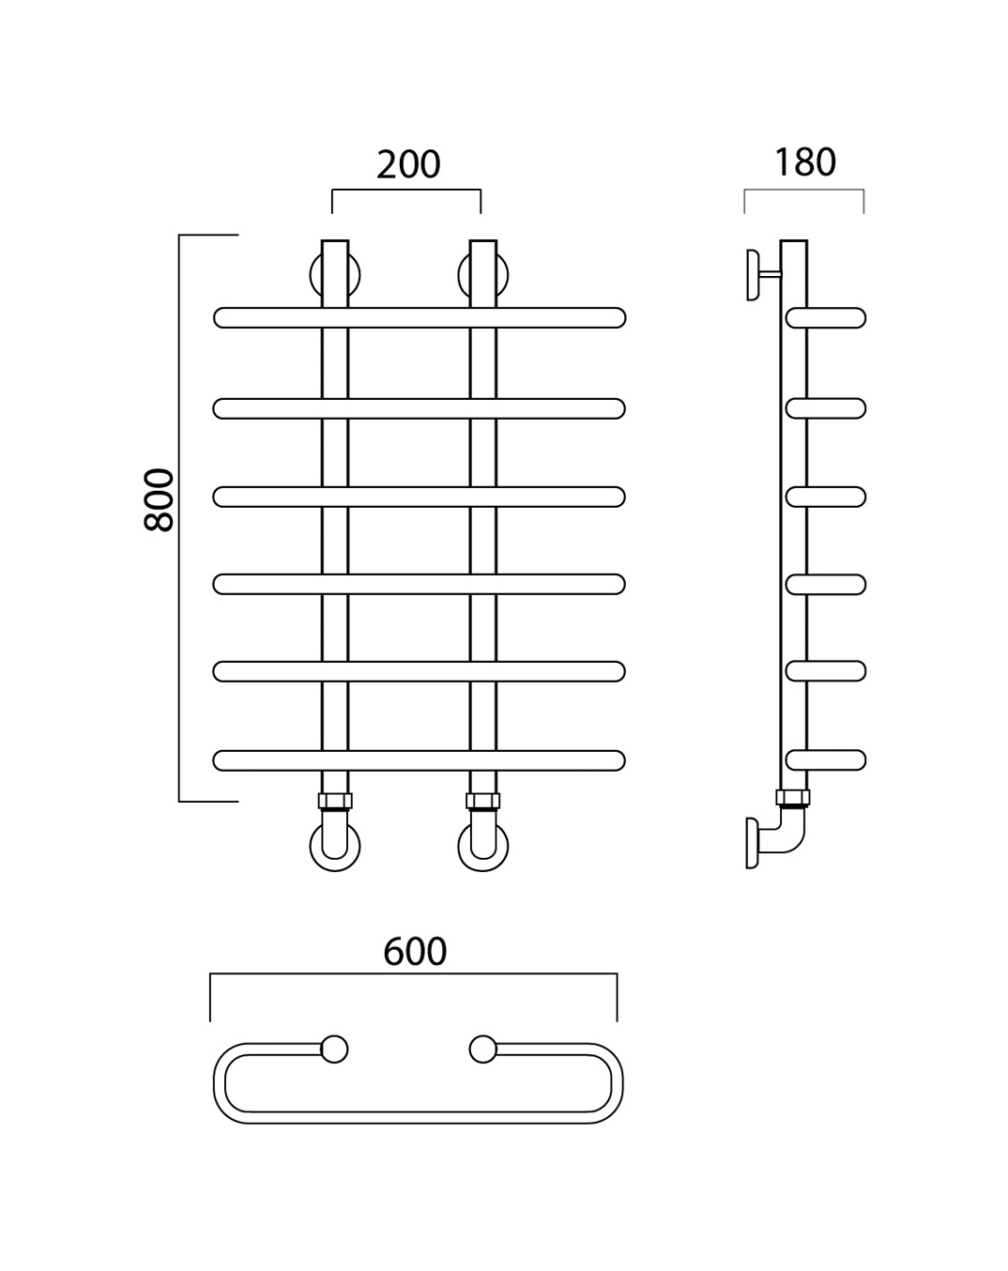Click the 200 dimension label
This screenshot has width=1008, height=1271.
(x=408, y=164)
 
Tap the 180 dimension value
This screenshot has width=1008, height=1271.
(x=805, y=162)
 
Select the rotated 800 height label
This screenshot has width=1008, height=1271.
(x=160, y=499)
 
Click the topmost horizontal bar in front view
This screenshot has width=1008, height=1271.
(x=420, y=317)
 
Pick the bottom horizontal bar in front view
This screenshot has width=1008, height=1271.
(x=420, y=760)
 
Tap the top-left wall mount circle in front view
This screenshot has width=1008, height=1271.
(x=313, y=275)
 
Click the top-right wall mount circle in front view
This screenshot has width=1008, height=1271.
(x=461, y=275)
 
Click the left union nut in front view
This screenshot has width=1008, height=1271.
(x=335, y=801)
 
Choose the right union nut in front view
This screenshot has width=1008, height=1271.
(x=483, y=801)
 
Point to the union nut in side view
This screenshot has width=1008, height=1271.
(x=793, y=798)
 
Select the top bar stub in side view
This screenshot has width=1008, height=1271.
(x=826, y=317)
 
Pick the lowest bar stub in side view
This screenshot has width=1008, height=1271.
(x=826, y=760)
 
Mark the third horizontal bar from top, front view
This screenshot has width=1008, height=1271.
(x=420, y=497)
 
